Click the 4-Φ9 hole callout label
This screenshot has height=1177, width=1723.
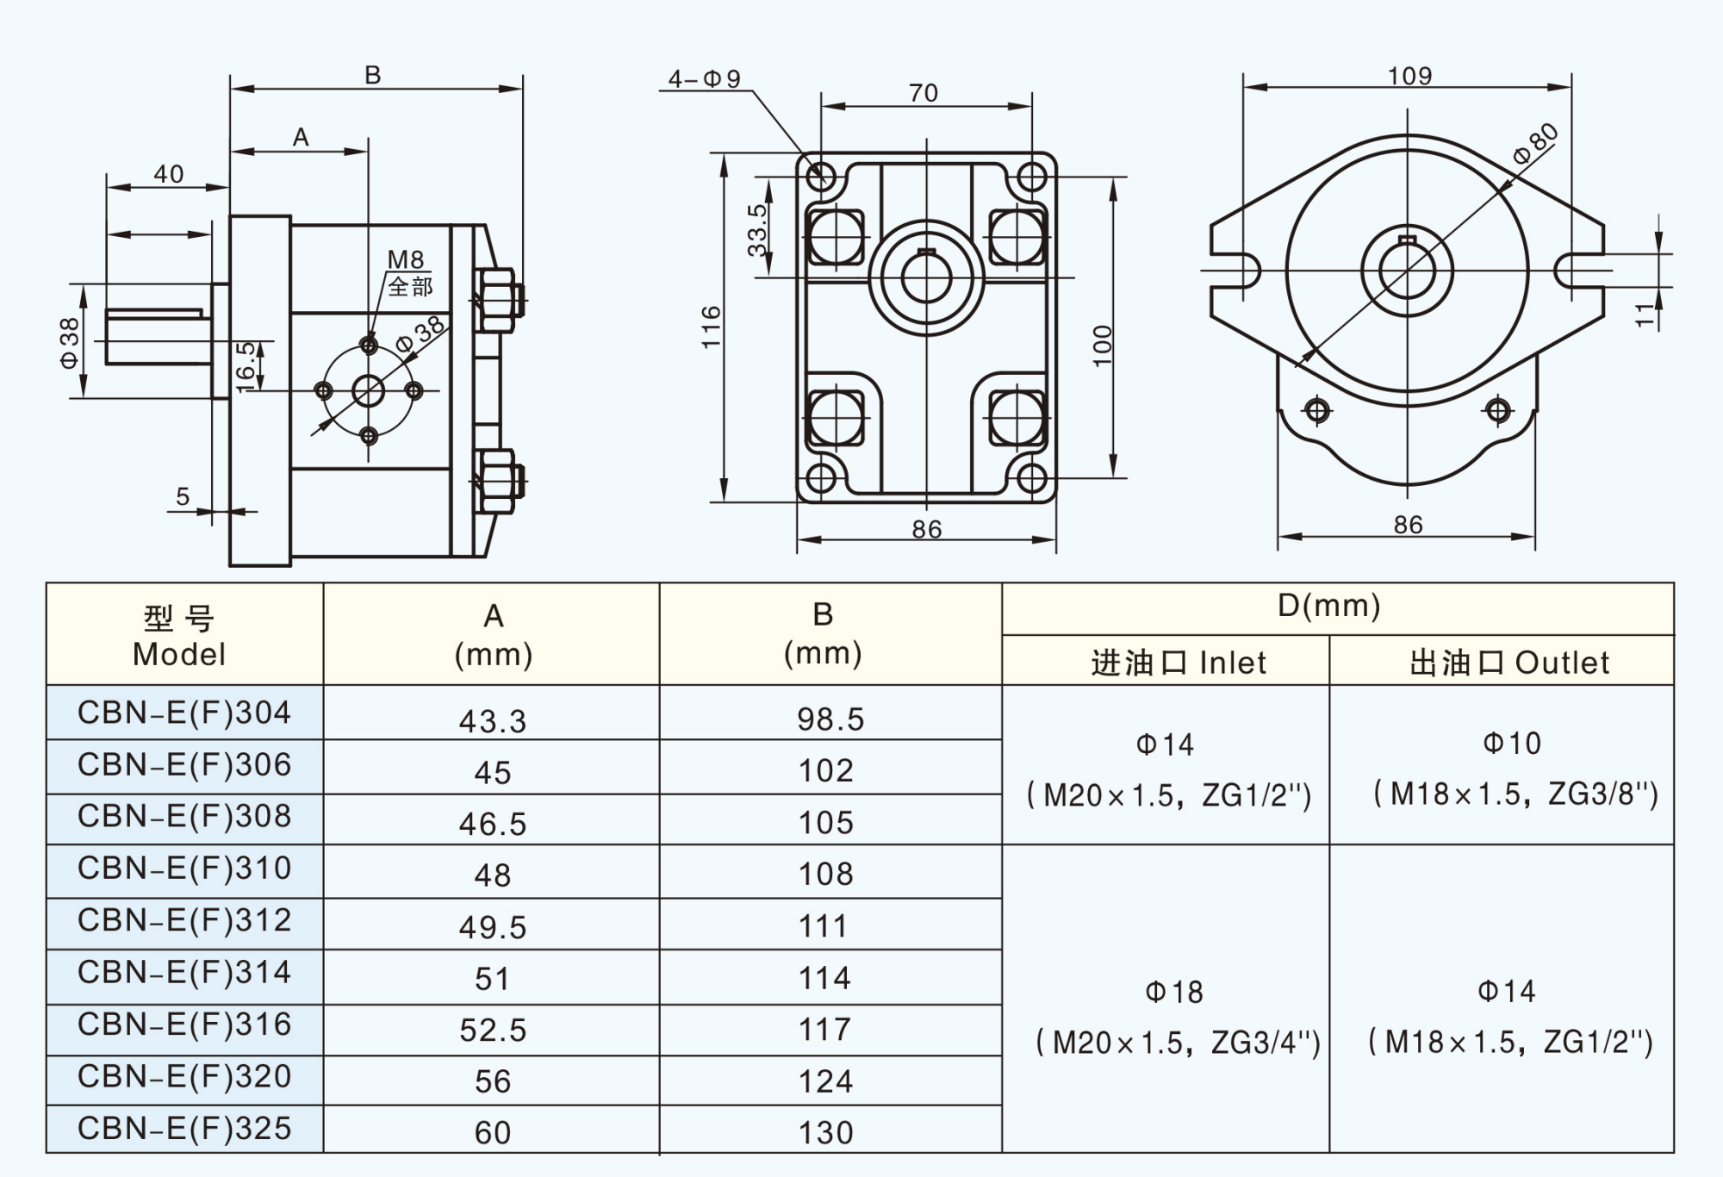tap(704, 79)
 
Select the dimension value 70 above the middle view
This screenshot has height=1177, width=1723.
tap(923, 93)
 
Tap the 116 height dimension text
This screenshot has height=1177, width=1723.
tap(712, 327)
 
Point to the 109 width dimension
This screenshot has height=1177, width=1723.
tap(1409, 77)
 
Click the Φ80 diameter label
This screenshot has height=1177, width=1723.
tap(1535, 144)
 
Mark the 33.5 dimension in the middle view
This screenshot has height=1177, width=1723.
tap(756, 230)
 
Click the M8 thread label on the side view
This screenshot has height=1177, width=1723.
tap(405, 259)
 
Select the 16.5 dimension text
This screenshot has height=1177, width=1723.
tap(246, 366)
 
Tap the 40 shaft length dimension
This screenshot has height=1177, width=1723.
tap(169, 174)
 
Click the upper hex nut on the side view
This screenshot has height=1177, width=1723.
tap(497, 300)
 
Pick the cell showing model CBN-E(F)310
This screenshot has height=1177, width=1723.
tap(184, 869)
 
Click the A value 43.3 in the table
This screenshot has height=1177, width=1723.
tap(492, 721)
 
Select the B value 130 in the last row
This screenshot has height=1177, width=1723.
tap(825, 1132)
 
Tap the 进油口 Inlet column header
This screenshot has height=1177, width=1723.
tap(1178, 663)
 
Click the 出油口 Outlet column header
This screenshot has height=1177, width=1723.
tap(1508, 663)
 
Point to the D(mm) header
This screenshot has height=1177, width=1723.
tap(1328, 606)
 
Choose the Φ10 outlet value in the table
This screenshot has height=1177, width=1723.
tap(1511, 744)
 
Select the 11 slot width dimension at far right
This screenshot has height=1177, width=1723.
tap(1645, 314)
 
